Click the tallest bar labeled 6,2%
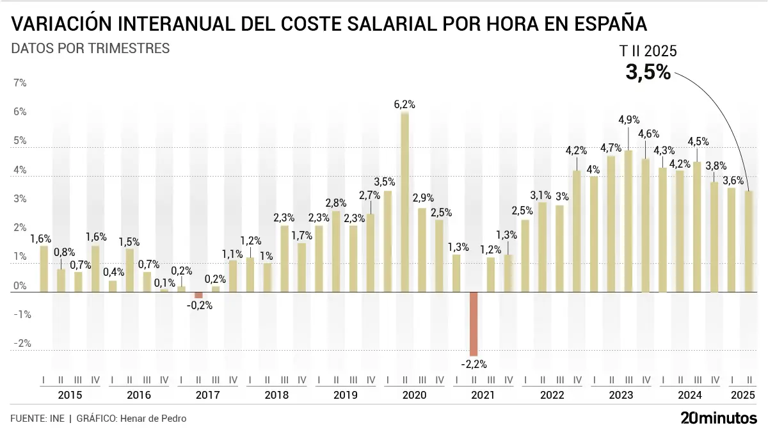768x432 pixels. (405, 202)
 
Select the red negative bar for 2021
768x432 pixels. (474, 324)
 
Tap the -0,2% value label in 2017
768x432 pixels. (200, 306)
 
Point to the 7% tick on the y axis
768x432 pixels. (20, 83)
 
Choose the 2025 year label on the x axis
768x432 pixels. (740, 395)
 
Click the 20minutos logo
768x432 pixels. (718, 419)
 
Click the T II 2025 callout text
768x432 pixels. (648, 52)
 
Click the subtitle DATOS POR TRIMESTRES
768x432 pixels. (90, 49)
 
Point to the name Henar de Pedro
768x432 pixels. (156, 419)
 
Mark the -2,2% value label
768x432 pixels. (474, 365)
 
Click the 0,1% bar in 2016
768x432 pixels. (164, 291)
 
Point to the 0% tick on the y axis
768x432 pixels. (20, 286)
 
